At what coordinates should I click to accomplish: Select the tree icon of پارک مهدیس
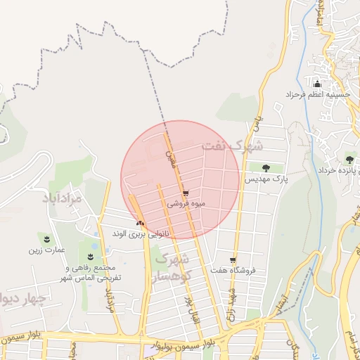(266, 167)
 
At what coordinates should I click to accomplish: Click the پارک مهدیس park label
(266, 179)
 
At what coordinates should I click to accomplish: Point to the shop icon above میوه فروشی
(186, 193)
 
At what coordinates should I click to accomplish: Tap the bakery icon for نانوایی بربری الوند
(139, 223)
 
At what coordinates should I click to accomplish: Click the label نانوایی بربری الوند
(141, 233)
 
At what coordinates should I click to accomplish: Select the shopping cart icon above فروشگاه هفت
(233, 259)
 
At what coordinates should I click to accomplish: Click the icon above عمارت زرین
(47, 239)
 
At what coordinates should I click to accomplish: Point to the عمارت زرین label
(46, 250)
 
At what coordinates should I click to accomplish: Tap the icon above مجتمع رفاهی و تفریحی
(91, 255)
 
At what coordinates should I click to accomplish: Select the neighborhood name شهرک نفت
(231, 146)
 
